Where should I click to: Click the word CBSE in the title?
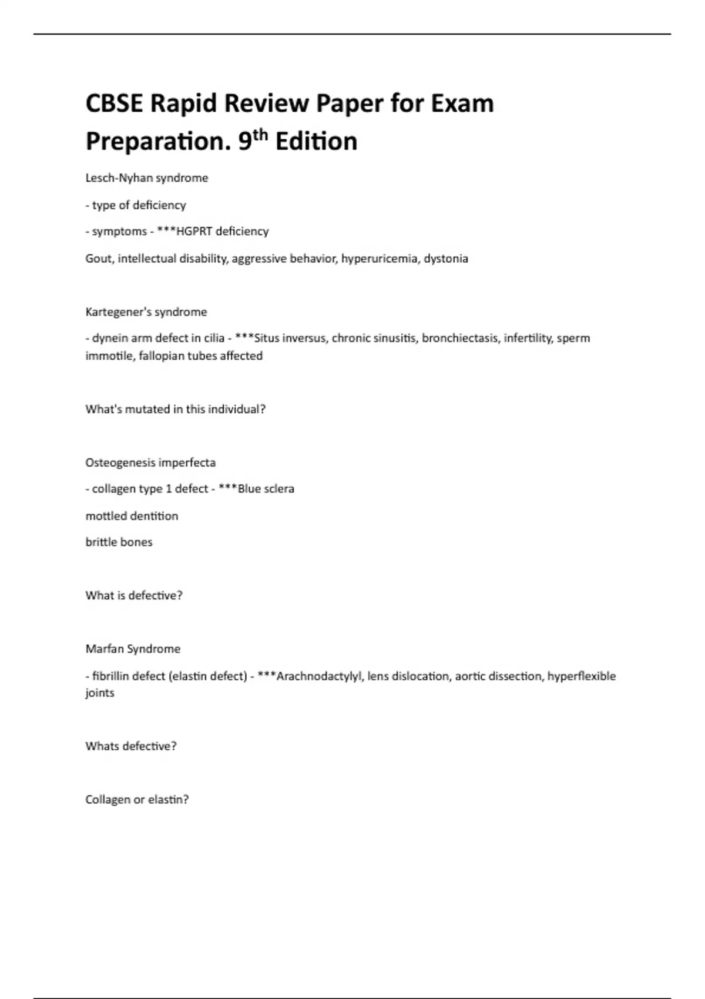click(x=114, y=104)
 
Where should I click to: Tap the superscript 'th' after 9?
click(x=260, y=135)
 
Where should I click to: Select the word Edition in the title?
click(x=316, y=142)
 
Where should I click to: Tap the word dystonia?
click(x=446, y=259)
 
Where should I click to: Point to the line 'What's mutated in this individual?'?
click(x=175, y=409)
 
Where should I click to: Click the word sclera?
click(x=278, y=489)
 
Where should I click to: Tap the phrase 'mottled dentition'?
click(x=132, y=516)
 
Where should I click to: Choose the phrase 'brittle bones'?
click(x=119, y=542)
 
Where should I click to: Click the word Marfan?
click(x=104, y=649)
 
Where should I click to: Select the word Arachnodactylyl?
click(x=319, y=676)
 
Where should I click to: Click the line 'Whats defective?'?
click(x=130, y=746)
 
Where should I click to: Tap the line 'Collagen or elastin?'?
click(x=137, y=800)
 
